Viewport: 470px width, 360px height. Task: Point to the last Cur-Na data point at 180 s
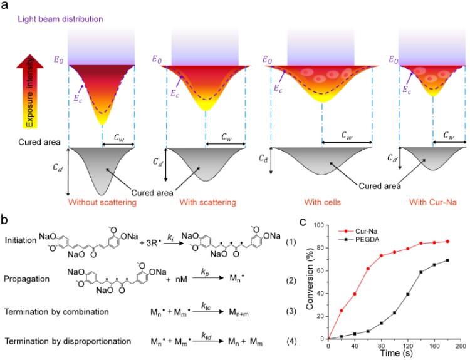tap(447, 241)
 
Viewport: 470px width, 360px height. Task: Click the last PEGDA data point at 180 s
tap(447, 260)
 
